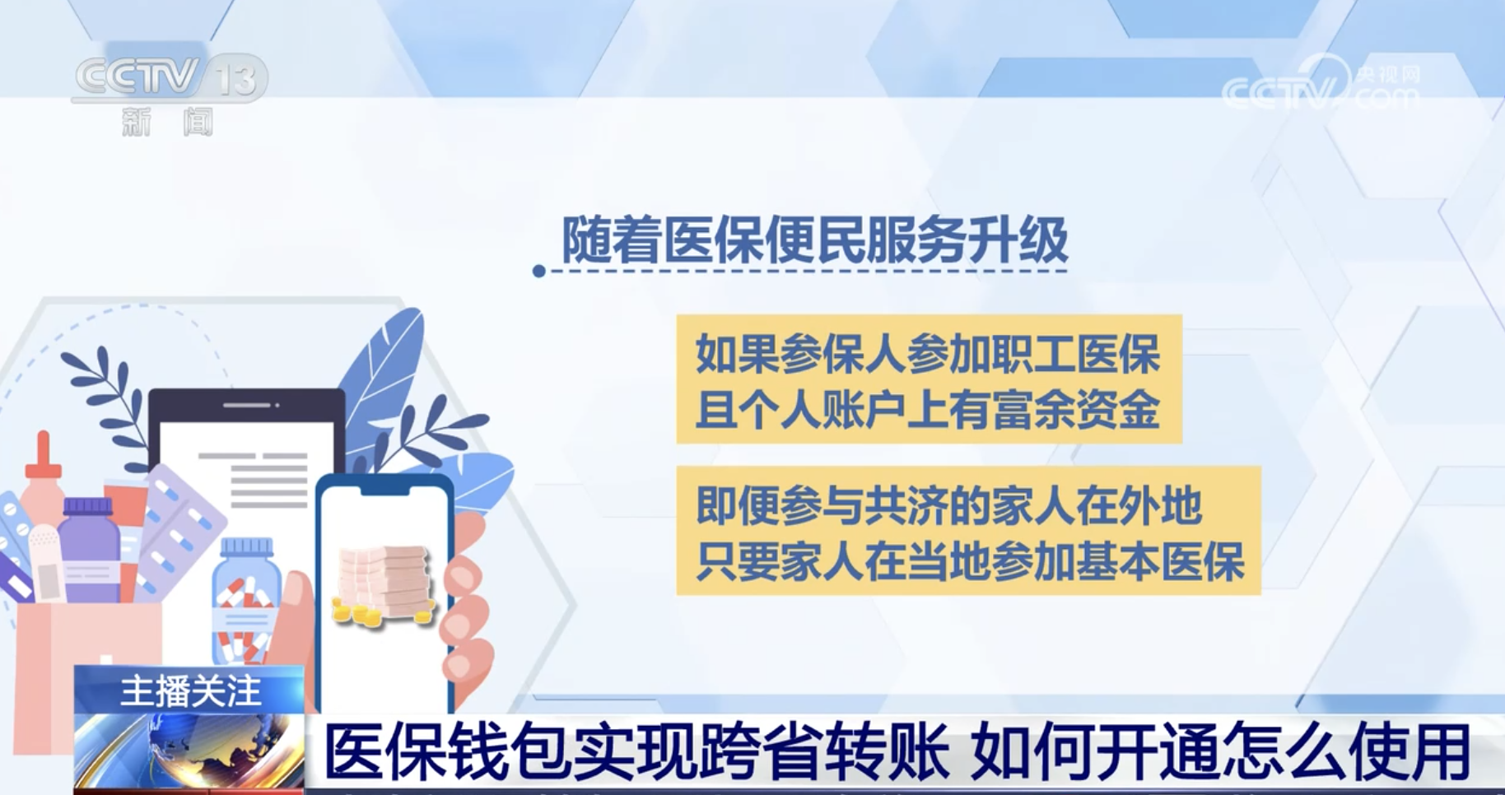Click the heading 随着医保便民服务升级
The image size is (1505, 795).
point(814,240)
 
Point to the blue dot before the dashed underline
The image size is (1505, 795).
point(539,271)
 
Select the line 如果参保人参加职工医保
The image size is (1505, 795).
point(928,354)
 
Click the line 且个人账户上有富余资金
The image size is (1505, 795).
point(928,410)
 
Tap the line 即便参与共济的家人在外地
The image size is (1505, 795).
point(948,505)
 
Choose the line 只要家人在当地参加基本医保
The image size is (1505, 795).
point(969,562)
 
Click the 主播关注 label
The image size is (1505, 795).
point(190,690)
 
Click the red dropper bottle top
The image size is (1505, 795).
point(43,456)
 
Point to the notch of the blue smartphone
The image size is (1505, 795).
point(385,488)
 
